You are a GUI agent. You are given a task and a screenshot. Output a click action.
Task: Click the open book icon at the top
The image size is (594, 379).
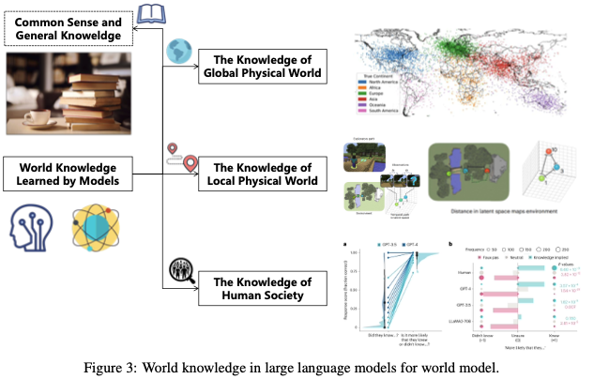point(151,13)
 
